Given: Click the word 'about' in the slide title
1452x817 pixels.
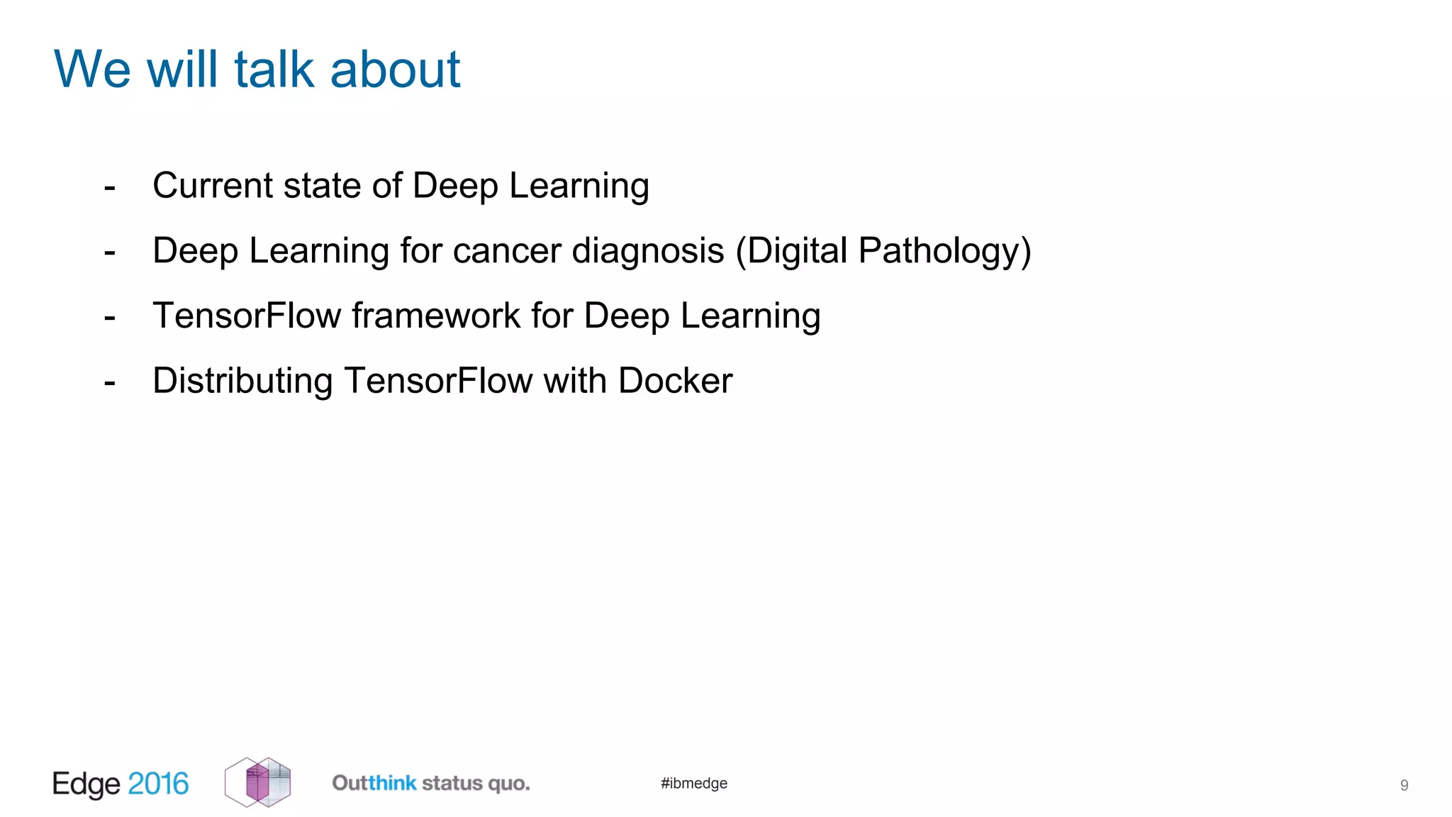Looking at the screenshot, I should point(395,70).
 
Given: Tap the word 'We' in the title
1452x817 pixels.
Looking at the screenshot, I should point(92,70).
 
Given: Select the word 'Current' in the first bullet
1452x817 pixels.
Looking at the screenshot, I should point(213,186).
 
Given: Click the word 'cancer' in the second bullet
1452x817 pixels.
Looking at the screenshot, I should point(507,251).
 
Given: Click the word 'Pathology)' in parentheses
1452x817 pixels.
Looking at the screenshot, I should point(945,251).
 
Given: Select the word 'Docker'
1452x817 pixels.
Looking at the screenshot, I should point(675,381).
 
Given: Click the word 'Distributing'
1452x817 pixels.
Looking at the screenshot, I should point(242,381).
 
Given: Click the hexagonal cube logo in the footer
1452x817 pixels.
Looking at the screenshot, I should point(257,782).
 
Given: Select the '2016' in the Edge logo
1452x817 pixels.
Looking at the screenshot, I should point(158,784).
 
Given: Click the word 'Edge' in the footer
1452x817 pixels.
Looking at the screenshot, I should point(86,784).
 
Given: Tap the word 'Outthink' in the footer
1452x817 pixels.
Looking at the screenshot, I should point(374,783).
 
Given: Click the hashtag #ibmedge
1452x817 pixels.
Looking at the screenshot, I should point(694,783).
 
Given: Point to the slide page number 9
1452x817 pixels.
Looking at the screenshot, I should point(1404,785).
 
